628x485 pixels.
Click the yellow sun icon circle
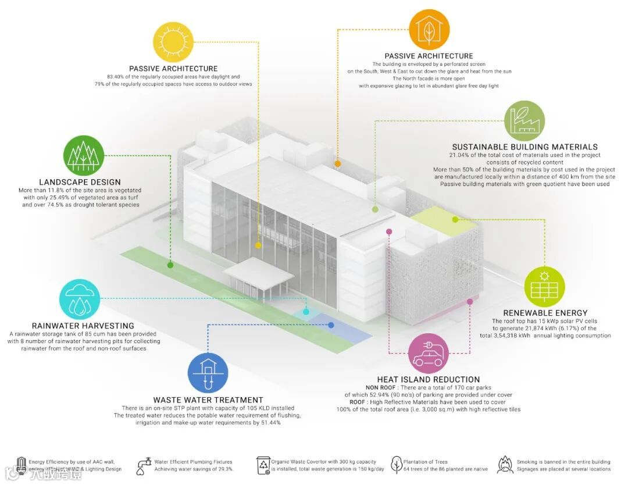point(173,41)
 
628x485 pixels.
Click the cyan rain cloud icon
point(80,299)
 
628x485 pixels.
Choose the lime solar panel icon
point(544,286)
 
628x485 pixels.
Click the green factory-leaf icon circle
point(524,120)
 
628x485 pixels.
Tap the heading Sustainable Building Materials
point(524,147)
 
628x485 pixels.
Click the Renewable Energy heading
point(545,313)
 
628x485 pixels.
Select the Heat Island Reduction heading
point(429,380)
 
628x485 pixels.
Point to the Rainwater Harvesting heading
point(83,326)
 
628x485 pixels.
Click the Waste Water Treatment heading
point(208,400)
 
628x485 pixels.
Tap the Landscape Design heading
point(80,182)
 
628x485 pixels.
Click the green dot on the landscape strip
point(170,265)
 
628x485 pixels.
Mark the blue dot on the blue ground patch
point(331,325)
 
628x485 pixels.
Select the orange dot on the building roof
point(338,164)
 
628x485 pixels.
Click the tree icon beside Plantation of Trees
point(397,465)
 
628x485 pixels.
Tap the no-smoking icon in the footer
point(505,465)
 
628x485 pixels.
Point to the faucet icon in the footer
point(143,465)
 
